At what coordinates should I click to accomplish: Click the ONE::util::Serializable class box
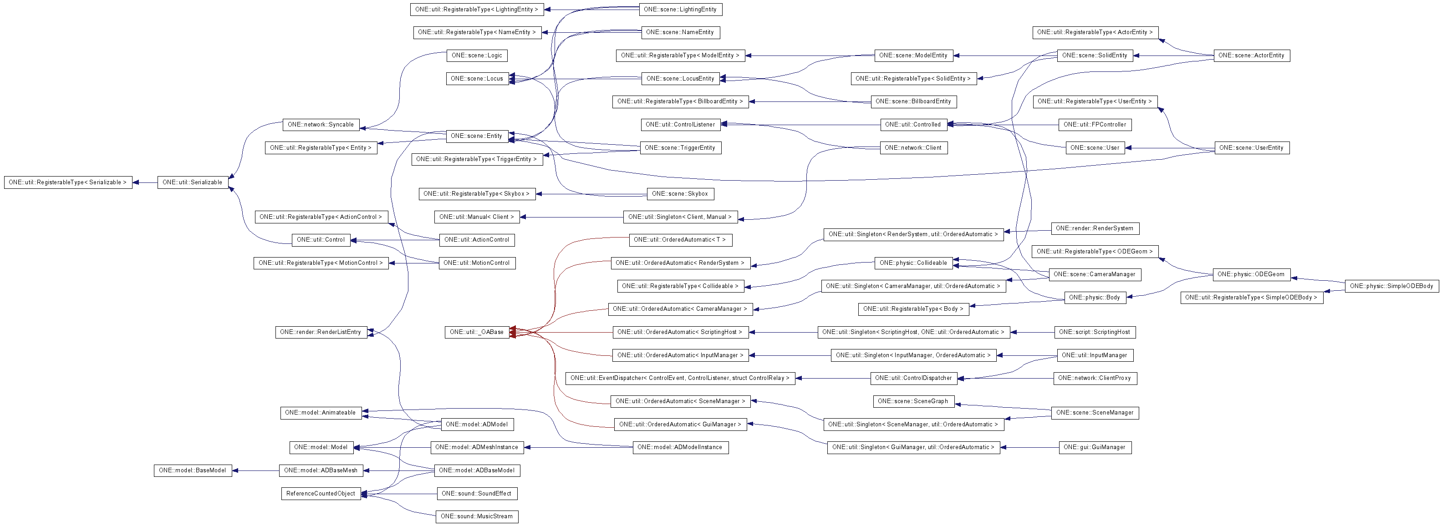(193, 182)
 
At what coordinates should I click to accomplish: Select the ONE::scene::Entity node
(476, 136)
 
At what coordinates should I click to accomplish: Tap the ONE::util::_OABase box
(476, 332)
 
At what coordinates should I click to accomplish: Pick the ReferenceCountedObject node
(321, 494)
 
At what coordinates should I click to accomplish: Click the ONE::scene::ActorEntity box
(1251, 56)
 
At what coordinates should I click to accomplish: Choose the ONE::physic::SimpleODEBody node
(1391, 286)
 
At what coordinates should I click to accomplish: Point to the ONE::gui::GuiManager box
(1095, 447)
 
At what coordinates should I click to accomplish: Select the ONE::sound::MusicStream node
(476, 516)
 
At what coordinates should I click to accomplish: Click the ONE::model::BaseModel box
(193, 470)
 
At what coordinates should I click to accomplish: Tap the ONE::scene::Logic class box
(477, 56)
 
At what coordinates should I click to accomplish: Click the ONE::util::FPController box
(1095, 125)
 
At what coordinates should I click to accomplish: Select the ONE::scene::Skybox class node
(680, 194)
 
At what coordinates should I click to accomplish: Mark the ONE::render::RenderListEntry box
(321, 332)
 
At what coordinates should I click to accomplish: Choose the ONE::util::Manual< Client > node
(476, 217)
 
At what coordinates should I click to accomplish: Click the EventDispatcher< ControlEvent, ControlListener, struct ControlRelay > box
(680, 378)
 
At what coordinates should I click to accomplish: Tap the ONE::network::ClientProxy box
(1095, 378)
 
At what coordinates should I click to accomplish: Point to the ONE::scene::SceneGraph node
(912, 401)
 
